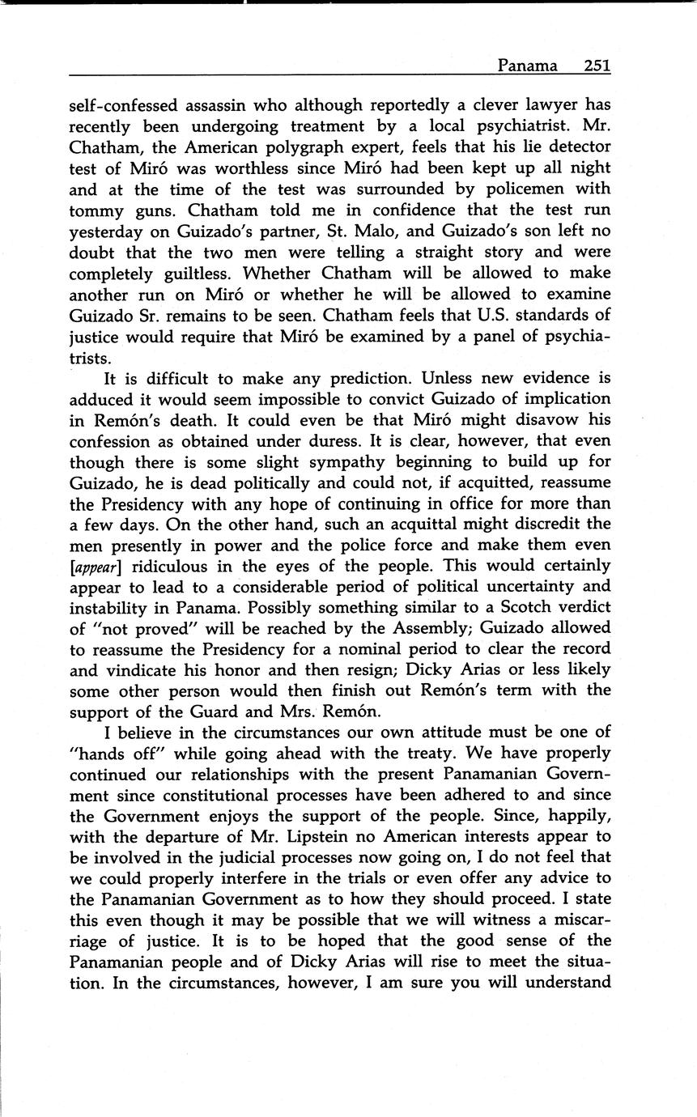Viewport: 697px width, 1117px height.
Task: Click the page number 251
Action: [597, 66]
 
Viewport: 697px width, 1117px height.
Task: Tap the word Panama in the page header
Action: [527, 66]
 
